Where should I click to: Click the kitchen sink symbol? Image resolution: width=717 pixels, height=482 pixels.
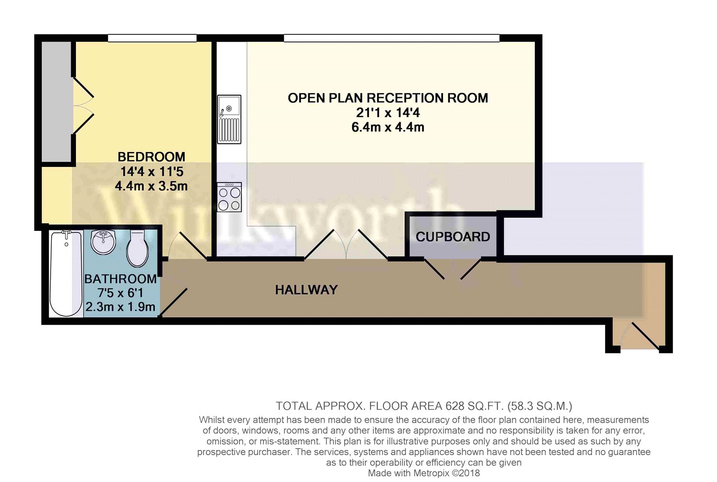coord(229,119)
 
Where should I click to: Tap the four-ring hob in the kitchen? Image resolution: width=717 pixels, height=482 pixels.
coord(229,197)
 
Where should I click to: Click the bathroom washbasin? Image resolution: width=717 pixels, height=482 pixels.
coord(103,241)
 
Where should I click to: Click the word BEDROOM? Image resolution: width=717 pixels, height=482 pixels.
coord(151,157)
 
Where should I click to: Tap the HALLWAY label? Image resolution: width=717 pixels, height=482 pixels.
coord(306,290)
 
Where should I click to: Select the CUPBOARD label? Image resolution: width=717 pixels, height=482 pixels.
coord(453,237)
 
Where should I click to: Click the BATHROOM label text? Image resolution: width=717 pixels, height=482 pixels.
coord(120,279)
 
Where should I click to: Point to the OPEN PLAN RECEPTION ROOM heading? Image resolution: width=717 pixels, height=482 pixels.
coord(388,98)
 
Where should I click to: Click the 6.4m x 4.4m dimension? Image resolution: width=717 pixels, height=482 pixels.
coord(388,127)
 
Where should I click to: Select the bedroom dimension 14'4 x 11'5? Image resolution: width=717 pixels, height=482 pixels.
coord(152,171)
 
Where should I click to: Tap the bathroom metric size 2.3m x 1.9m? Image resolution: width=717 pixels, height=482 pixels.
coord(120,307)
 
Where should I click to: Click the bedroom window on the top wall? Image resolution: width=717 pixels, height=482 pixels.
coord(152,38)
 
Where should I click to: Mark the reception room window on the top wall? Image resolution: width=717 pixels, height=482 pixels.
coord(391,38)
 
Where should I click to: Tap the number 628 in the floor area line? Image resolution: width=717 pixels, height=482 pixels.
coord(455,406)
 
